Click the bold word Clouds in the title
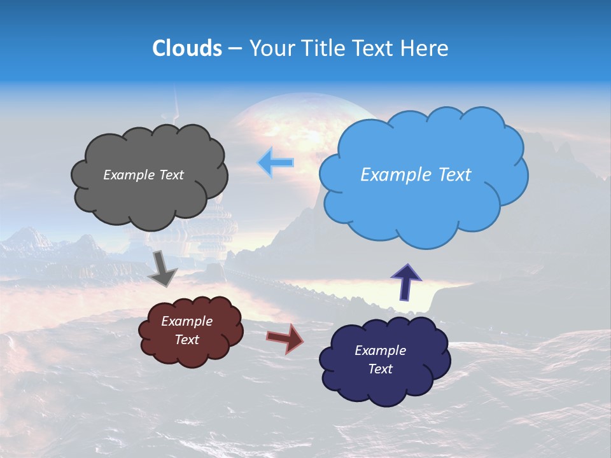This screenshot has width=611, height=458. tap(187, 48)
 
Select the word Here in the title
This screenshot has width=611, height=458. tap(425, 48)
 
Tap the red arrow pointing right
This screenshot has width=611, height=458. tap(286, 338)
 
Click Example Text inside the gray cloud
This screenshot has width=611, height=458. tap(143, 175)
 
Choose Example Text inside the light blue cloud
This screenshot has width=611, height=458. tap(416, 175)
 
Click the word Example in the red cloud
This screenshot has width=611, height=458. tap(186, 322)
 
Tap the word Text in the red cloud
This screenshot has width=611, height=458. tap(186, 340)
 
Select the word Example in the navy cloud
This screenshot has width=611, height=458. tap(380, 350)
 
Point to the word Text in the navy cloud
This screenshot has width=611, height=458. tap(380, 369)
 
